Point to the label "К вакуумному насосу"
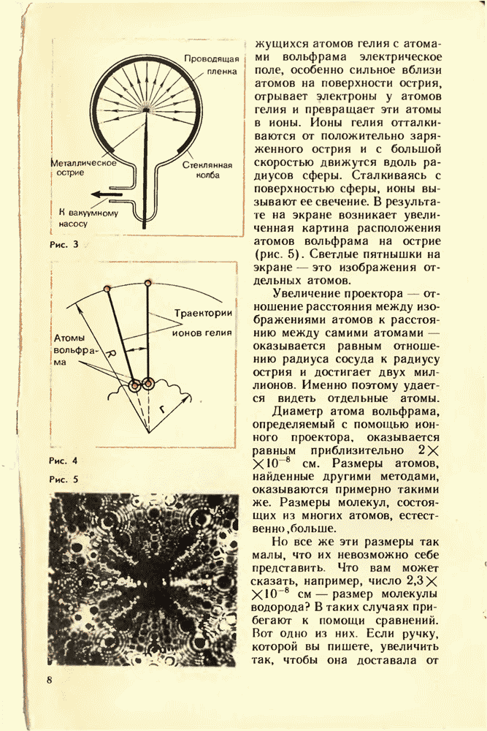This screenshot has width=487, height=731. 83,218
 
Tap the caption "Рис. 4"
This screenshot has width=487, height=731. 64,461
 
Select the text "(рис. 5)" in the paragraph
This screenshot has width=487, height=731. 277,256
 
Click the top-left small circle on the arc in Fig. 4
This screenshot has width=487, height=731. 107,290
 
